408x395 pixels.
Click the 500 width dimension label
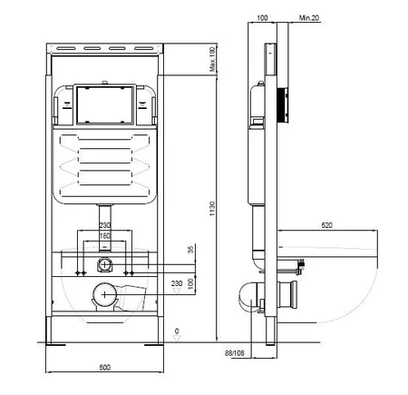[x=105, y=368]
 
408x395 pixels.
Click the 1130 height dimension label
[x=212, y=209]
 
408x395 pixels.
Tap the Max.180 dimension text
[x=213, y=59]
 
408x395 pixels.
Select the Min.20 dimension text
[x=309, y=18]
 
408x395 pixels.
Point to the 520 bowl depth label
[x=326, y=225]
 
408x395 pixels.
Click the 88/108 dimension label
[x=234, y=353]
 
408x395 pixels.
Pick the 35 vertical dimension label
[x=190, y=250]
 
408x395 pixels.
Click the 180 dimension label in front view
[x=104, y=235]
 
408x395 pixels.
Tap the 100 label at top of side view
[x=262, y=18]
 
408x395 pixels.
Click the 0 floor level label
[x=177, y=331]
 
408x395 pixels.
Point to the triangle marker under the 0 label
[x=177, y=338]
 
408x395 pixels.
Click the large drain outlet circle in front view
[x=104, y=294]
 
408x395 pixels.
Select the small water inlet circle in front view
[x=104, y=264]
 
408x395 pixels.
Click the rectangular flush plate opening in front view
[x=105, y=105]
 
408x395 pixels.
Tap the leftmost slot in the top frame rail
[x=66, y=48]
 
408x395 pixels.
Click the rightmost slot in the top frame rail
[x=144, y=48]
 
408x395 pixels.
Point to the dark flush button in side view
[x=283, y=104]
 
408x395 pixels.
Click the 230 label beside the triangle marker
[x=177, y=283]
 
